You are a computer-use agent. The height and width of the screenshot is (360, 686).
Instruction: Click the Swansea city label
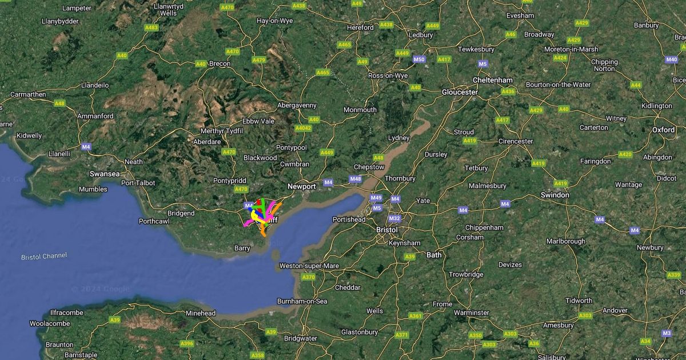point(105,174)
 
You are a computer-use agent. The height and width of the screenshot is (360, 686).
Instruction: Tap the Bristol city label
point(386,230)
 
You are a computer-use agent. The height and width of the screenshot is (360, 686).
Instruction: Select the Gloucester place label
point(460,92)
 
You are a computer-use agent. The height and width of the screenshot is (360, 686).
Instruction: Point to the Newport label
point(301,186)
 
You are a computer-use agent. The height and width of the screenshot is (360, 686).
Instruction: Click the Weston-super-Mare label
point(309,266)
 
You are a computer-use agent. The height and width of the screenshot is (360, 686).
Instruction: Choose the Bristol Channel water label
point(44,257)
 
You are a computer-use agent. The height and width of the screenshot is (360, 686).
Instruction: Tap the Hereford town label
point(360,27)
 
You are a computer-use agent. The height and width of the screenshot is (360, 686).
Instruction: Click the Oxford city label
point(663,130)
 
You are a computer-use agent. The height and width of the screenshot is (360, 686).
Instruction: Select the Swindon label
point(555,195)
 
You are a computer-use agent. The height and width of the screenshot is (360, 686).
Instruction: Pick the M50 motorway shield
point(419,59)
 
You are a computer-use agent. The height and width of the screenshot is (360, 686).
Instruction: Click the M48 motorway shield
point(355,179)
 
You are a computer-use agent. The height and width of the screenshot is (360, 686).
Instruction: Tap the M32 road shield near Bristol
point(394,218)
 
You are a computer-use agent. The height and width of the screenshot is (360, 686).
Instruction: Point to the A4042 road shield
point(304,128)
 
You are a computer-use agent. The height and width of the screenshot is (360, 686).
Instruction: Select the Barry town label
point(242,248)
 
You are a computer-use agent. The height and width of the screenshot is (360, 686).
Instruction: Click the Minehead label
point(201,313)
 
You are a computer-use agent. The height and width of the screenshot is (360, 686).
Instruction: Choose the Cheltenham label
point(492,80)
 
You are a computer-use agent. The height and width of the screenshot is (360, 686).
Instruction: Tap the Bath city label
point(434,255)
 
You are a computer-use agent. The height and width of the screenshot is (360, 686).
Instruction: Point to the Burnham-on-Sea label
point(302,301)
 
